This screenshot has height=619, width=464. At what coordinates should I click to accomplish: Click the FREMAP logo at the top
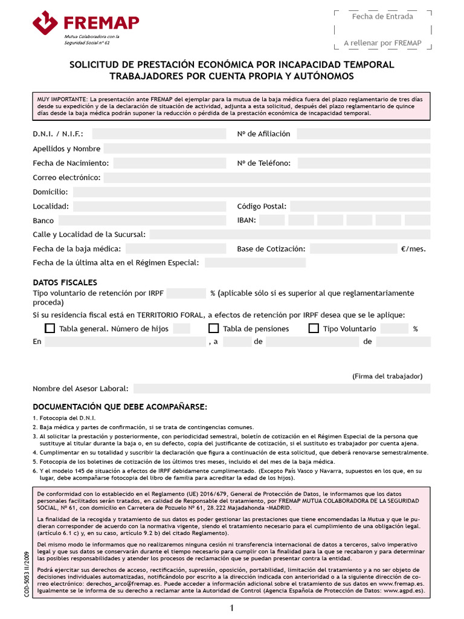pyautogui.click(x=86, y=25)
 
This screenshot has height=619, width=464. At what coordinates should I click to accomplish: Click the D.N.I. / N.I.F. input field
pyautogui.click(x=159, y=134)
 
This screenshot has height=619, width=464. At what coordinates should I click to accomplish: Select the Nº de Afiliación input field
pyautogui.click(x=363, y=134)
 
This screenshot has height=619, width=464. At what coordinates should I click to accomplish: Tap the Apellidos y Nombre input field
pyautogui.click(x=266, y=149)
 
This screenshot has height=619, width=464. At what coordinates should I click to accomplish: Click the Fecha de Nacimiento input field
pyautogui.click(x=169, y=163)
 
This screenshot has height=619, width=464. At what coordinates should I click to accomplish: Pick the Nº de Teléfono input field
pyautogui.click(x=363, y=163)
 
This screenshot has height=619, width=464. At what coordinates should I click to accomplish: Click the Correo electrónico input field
pyautogui.click(x=266, y=178)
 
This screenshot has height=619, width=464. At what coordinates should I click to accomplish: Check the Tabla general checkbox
pyautogui.click(x=50, y=329)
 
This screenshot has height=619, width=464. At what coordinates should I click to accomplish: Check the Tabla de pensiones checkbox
pyautogui.click(x=213, y=329)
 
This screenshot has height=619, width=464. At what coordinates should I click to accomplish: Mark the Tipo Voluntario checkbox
pyautogui.click(x=314, y=329)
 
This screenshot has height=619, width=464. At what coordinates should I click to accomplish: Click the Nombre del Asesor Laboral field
pyautogui.click(x=282, y=389)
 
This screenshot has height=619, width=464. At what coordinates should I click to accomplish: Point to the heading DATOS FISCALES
pyautogui.click(x=65, y=282)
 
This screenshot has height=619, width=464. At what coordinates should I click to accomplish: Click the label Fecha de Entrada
pyautogui.click(x=382, y=16)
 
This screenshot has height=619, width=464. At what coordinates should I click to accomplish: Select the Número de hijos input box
pyautogui.click(x=181, y=329)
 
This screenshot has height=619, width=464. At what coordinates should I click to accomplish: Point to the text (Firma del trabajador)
pyautogui.click(x=387, y=376)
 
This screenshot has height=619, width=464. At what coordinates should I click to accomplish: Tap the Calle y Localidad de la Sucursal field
pyautogui.click(x=290, y=235)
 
